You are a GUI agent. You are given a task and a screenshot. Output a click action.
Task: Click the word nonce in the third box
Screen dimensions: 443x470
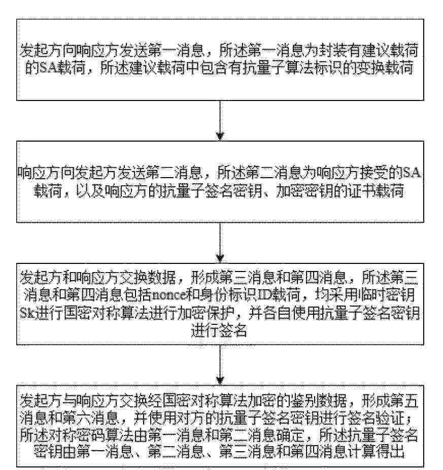pos(169,296)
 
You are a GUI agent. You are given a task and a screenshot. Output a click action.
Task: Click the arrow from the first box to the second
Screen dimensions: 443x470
pos(220,120)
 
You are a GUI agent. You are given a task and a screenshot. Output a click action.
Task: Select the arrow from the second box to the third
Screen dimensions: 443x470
pos(220,243)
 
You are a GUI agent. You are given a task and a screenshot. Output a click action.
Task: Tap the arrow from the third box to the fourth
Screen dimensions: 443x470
pos(220,365)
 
